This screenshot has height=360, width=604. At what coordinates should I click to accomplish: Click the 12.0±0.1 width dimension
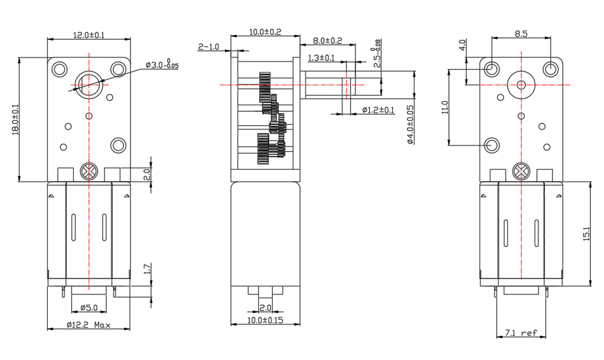pyautogui.click(x=89, y=35)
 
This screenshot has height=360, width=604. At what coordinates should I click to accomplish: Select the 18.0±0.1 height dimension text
pyautogui.click(x=16, y=119)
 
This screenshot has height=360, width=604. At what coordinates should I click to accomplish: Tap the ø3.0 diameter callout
pyautogui.click(x=162, y=65)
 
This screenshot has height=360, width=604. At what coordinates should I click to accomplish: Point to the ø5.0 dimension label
pyautogui.click(x=89, y=308)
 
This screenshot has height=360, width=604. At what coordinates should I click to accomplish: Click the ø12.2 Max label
pyautogui.click(x=89, y=325)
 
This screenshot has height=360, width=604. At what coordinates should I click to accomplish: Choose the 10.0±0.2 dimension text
pyautogui.click(x=265, y=32)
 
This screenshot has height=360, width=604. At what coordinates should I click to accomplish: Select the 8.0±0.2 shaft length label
pyautogui.click(x=327, y=40)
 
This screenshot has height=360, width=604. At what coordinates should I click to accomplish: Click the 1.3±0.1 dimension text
pyautogui.click(x=321, y=58)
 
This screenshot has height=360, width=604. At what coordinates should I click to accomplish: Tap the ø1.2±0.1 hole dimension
pyautogui.click(x=378, y=110)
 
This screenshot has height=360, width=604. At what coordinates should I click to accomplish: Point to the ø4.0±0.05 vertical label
pyautogui.click(x=410, y=124)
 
